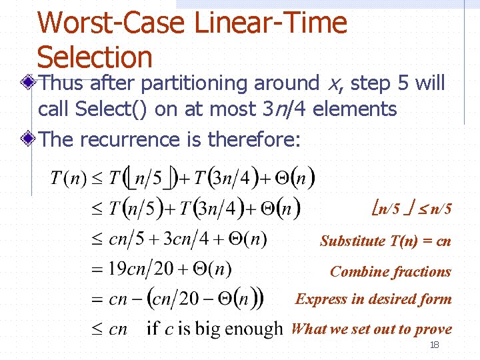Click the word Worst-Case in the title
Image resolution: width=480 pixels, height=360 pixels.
(111, 23)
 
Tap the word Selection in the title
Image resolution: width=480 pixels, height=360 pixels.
(95, 57)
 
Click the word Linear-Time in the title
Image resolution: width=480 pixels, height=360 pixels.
(271, 23)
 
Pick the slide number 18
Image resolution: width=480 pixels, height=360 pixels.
(434, 345)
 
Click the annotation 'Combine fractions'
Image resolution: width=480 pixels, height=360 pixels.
(391, 271)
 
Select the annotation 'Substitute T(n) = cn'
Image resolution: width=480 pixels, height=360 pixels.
(385, 241)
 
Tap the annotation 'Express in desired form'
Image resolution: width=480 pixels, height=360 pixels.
(373, 299)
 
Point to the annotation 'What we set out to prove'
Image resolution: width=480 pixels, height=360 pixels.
(371, 329)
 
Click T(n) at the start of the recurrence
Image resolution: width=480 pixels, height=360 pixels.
(66, 179)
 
